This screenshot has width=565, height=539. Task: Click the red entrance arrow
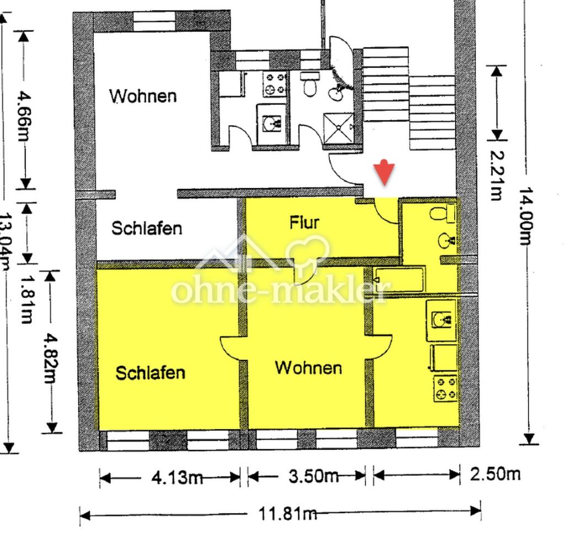click(x=384, y=172)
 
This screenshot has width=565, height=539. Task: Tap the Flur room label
click(x=305, y=222)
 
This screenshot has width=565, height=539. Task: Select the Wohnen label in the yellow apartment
click(x=308, y=368)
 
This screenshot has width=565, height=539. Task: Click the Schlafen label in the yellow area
click(x=150, y=372)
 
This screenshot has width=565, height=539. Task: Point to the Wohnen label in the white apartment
click(x=143, y=96)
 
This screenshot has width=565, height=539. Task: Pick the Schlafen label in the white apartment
click(x=147, y=228)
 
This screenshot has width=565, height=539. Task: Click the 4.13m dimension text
click(x=177, y=478)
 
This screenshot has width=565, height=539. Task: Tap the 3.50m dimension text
click(x=313, y=476)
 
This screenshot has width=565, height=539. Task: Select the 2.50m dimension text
click(x=495, y=474)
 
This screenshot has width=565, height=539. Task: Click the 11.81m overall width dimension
click(x=288, y=513)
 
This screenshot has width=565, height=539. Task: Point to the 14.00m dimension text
click(x=526, y=216)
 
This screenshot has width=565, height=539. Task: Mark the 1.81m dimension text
click(x=26, y=300)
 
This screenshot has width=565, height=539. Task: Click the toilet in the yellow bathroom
click(x=443, y=212)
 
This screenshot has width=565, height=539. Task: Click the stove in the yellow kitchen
click(x=445, y=388)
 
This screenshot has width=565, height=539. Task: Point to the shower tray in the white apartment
click(x=338, y=127)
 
